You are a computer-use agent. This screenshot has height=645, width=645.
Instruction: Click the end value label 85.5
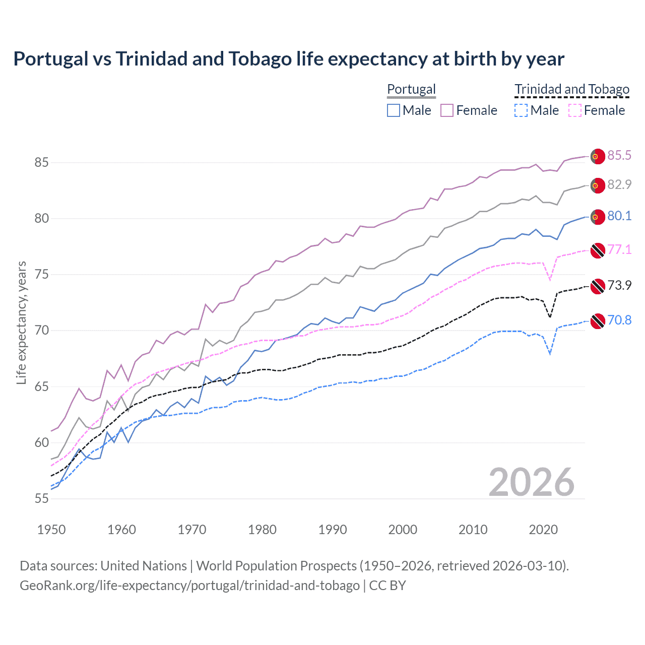click(x=619, y=155)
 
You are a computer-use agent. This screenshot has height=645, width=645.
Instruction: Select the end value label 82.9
click(x=619, y=184)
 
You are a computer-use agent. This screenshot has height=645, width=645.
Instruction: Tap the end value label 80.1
click(x=619, y=216)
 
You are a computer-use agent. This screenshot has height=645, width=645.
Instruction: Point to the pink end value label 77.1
click(x=619, y=249)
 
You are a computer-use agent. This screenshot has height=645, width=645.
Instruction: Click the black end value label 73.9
click(x=619, y=285)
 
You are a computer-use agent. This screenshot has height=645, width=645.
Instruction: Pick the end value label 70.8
click(x=619, y=320)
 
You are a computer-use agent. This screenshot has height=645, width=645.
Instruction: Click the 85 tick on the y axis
click(x=41, y=162)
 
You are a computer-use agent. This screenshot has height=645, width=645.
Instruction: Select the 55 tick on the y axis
click(x=41, y=498)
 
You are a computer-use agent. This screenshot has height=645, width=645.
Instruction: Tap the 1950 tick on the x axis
click(x=51, y=530)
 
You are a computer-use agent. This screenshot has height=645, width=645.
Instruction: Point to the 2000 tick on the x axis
click(x=403, y=530)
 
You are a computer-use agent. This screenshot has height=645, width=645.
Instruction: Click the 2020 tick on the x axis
click(x=543, y=530)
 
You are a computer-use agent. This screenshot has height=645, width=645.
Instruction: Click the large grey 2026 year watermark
click(x=531, y=482)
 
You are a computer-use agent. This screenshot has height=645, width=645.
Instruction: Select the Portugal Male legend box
click(x=394, y=110)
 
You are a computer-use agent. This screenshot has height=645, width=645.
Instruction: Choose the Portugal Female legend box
click(x=447, y=110)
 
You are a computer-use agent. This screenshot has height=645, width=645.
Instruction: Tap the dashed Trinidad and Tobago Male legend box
click(x=521, y=110)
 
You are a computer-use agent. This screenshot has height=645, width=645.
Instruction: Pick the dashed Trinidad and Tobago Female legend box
click(x=575, y=110)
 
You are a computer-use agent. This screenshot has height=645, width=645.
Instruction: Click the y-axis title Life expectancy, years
click(x=21, y=322)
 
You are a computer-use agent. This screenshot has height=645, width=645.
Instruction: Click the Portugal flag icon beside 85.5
click(x=597, y=157)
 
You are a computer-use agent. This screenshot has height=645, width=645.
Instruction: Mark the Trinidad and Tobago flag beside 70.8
click(x=597, y=321)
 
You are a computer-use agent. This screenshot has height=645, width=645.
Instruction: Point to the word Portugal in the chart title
click(x=50, y=59)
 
